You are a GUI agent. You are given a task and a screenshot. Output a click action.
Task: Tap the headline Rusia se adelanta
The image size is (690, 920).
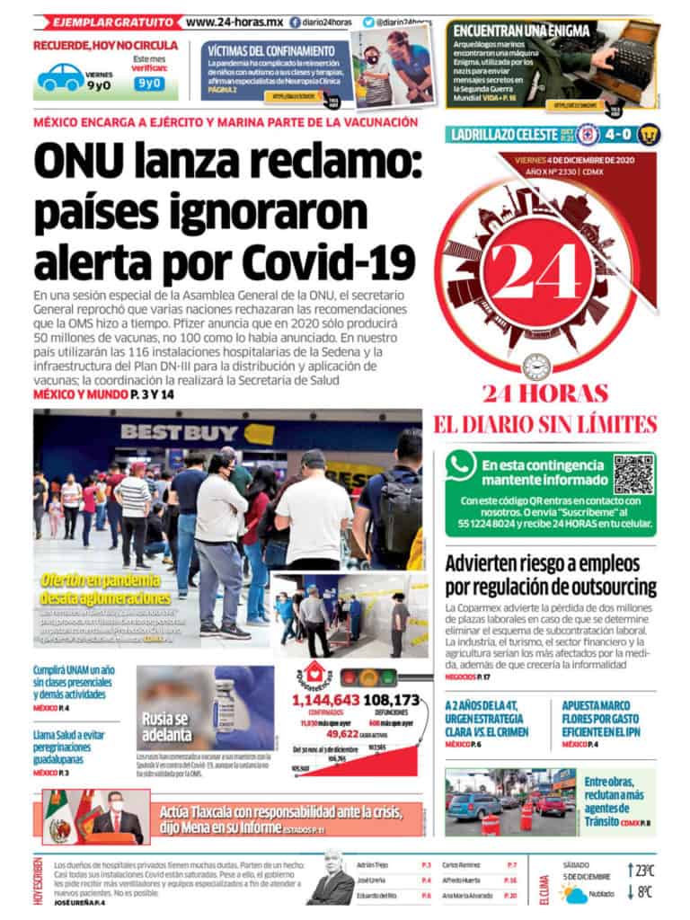[166, 725]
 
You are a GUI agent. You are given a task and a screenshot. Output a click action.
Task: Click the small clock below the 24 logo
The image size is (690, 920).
[538, 366]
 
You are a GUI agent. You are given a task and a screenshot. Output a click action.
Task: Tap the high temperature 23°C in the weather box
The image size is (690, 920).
[644, 870]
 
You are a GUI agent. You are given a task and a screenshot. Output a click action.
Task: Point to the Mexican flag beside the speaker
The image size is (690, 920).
[59, 813]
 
